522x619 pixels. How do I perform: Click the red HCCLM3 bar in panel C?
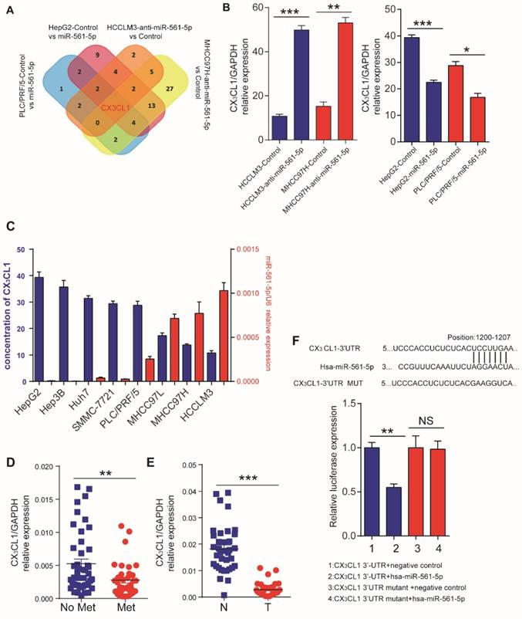click(x=224, y=335)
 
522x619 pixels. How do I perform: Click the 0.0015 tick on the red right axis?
click(x=248, y=249)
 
